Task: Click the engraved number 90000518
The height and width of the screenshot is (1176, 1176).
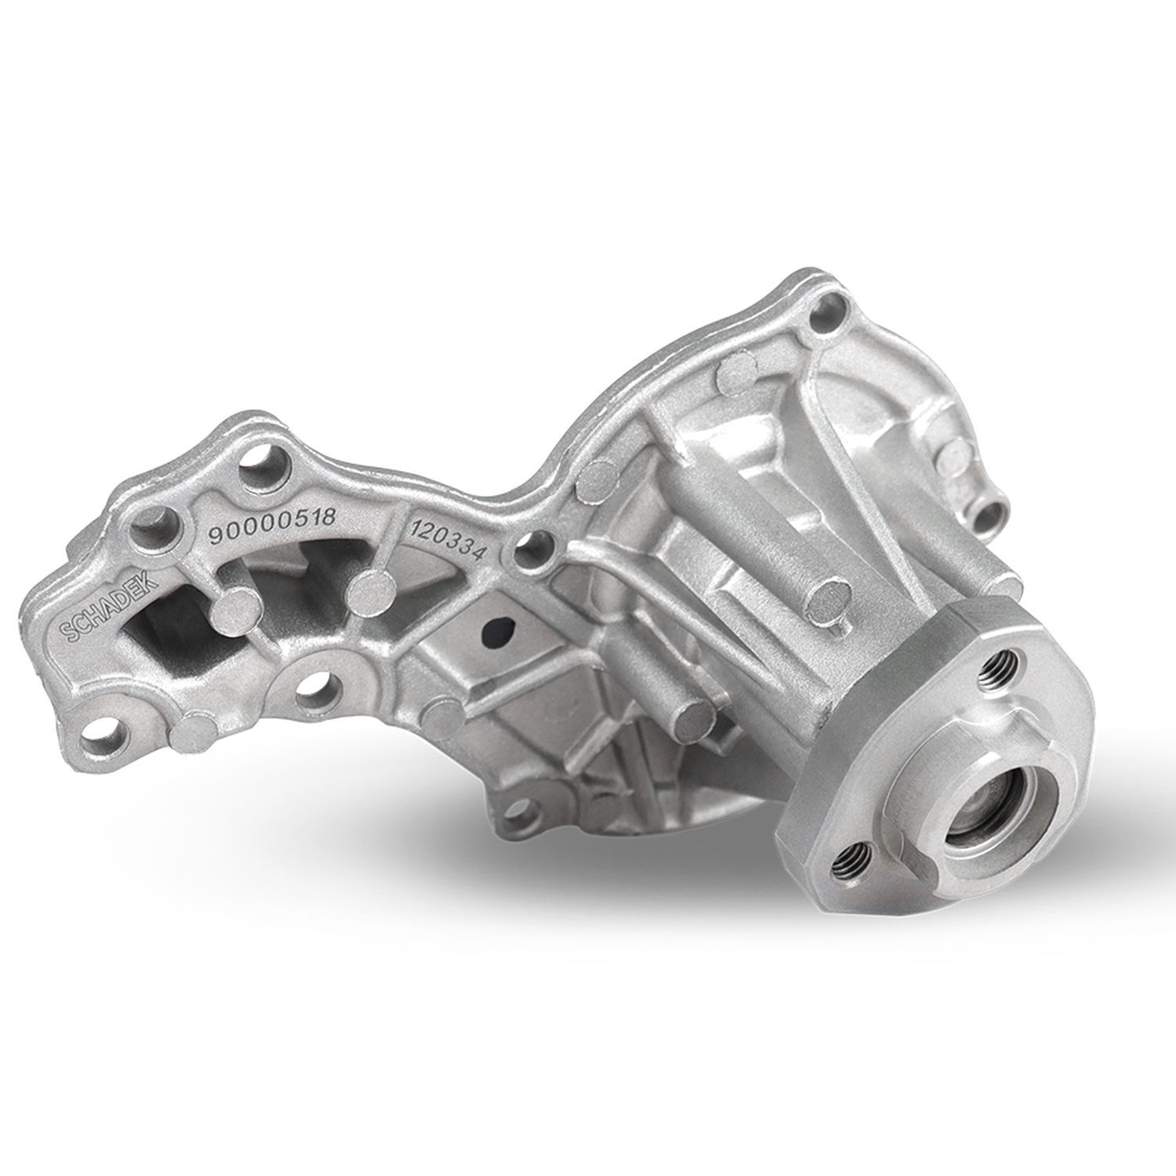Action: coord(272,524)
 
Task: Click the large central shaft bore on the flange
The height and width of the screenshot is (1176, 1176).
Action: coord(979,846)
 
